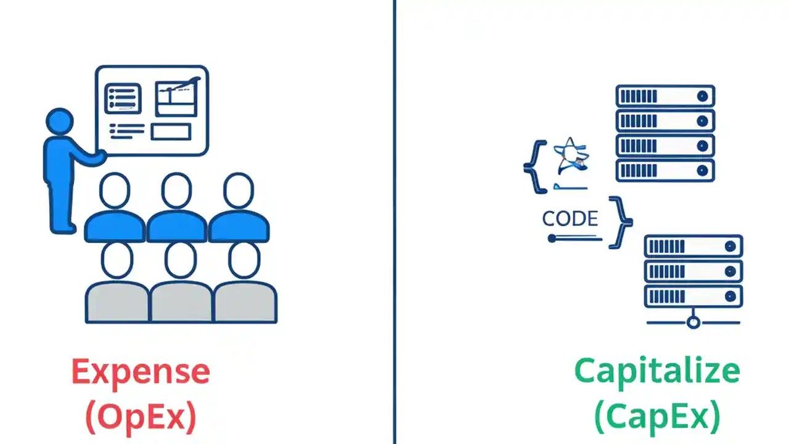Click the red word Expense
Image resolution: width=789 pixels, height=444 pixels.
click(x=141, y=372)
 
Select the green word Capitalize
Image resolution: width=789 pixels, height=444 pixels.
click(x=656, y=371)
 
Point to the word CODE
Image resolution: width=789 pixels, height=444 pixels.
click(x=570, y=219)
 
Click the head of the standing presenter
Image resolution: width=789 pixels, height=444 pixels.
click(x=60, y=121)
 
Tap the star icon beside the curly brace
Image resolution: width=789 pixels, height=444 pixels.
click(x=570, y=156)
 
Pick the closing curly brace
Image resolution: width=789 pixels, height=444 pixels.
click(x=620, y=222)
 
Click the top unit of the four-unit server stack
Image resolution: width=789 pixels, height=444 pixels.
click(x=665, y=96)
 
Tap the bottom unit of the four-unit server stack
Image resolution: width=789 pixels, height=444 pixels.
click(x=665, y=170)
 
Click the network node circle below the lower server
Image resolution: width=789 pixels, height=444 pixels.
click(x=693, y=322)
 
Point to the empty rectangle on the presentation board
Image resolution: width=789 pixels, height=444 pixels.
click(x=171, y=131)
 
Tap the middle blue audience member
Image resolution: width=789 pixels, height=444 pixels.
click(x=176, y=210)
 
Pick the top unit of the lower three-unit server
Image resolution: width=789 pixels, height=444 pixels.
click(x=693, y=247)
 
